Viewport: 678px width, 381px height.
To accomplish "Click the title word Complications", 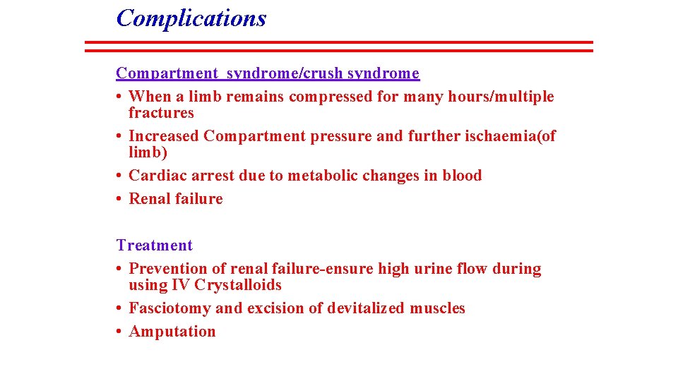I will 191,18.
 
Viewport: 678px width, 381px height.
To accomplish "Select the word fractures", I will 161,113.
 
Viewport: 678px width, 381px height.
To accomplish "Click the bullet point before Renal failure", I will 120,199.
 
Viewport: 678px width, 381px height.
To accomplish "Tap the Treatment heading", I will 154,246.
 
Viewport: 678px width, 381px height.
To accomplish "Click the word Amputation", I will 172,332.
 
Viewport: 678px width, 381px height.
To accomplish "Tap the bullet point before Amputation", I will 120,332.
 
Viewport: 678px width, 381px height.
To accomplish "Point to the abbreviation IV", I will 181,285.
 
